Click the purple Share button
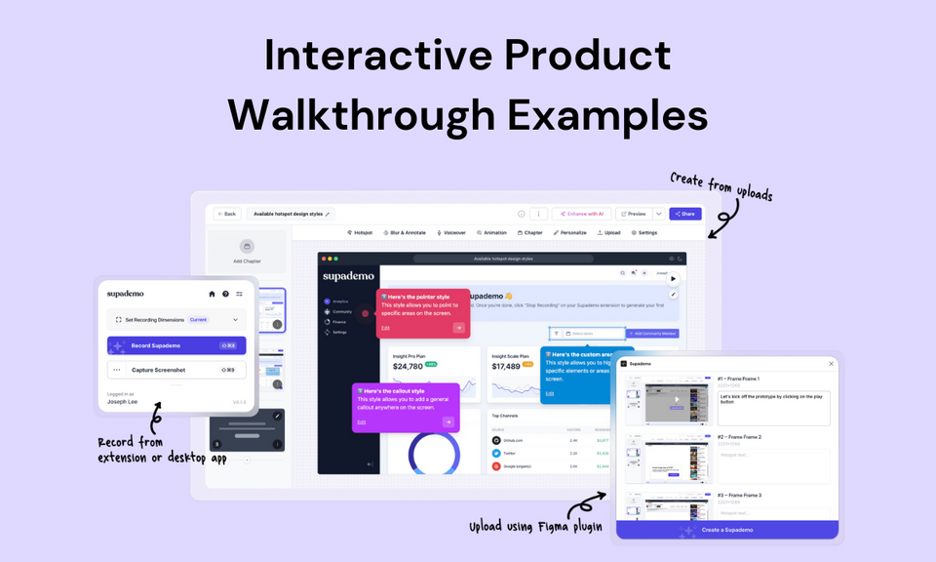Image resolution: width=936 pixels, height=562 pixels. pyautogui.click(x=685, y=214)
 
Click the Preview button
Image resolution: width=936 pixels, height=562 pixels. pyautogui.click(x=633, y=214)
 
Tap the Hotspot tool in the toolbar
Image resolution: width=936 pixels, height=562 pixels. pyautogui.click(x=360, y=233)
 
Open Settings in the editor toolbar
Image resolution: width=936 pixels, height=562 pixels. pyautogui.click(x=644, y=233)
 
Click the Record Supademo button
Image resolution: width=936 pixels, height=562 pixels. pyautogui.click(x=176, y=345)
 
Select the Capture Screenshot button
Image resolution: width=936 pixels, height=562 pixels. pyautogui.click(x=176, y=370)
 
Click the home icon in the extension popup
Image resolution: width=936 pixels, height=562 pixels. pyautogui.click(x=212, y=294)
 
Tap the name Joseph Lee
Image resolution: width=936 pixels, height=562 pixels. pyautogui.click(x=124, y=401)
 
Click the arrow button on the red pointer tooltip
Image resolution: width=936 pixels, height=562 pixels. pyautogui.click(x=459, y=328)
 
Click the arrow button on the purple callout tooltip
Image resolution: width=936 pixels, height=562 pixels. pyautogui.click(x=448, y=421)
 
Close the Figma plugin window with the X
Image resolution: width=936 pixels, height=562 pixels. pyautogui.click(x=831, y=363)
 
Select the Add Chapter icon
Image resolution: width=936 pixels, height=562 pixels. pyautogui.click(x=247, y=248)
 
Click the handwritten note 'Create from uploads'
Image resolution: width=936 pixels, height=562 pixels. pyautogui.click(x=721, y=187)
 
